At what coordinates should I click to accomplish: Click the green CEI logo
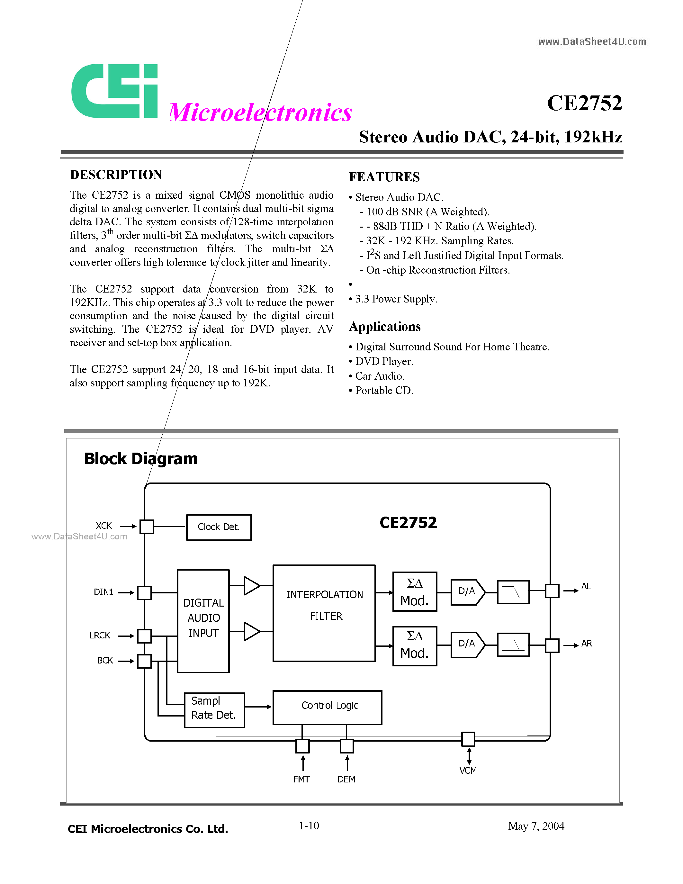point(114,91)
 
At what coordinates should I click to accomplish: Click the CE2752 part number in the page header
point(584,103)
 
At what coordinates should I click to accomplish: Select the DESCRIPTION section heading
point(116,175)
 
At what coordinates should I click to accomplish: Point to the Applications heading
point(384,327)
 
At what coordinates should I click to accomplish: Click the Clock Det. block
point(219,527)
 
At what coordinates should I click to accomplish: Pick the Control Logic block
point(327,707)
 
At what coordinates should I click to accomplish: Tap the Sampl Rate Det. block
point(214,710)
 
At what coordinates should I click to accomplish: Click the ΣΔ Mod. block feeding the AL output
point(414,591)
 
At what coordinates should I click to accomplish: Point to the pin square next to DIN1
point(144,592)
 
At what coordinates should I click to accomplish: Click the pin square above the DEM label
point(346,745)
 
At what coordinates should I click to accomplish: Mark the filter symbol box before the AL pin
point(513,592)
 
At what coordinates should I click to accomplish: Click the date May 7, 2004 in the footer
point(536,826)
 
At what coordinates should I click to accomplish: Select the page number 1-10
point(309,826)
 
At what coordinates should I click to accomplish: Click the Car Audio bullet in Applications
point(379,376)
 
